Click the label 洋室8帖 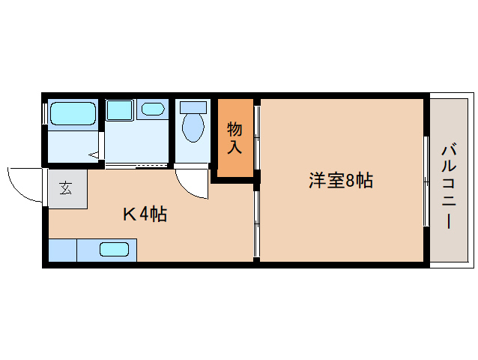pyautogui.click(x=341, y=181)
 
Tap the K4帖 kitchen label pyautogui.click(x=145, y=214)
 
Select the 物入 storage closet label pyautogui.click(x=235, y=137)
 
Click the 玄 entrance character pyautogui.click(x=66, y=187)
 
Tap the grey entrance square pyautogui.click(x=67, y=188)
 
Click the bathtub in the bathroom pyautogui.click(x=73, y=114)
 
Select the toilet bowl pyautogui.click(x=193, y=127)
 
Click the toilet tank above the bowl pyautogui.click(x=193, y=106)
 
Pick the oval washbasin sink pyautogui.click(x=154, y=109)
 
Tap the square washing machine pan pyautogui.click(x=118, y=109)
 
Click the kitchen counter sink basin pyautogui.click(x=114, y=249)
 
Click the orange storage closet pyautogui.click(x=235, y=139)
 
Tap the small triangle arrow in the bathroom pyautogui.click(x=94, y=155)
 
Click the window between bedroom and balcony pyautogui.click(x=426, y=180)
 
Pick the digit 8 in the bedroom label pyautogui.click(x=349, y=181)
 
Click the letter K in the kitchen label pyautogui.click(x=129, y=214)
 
